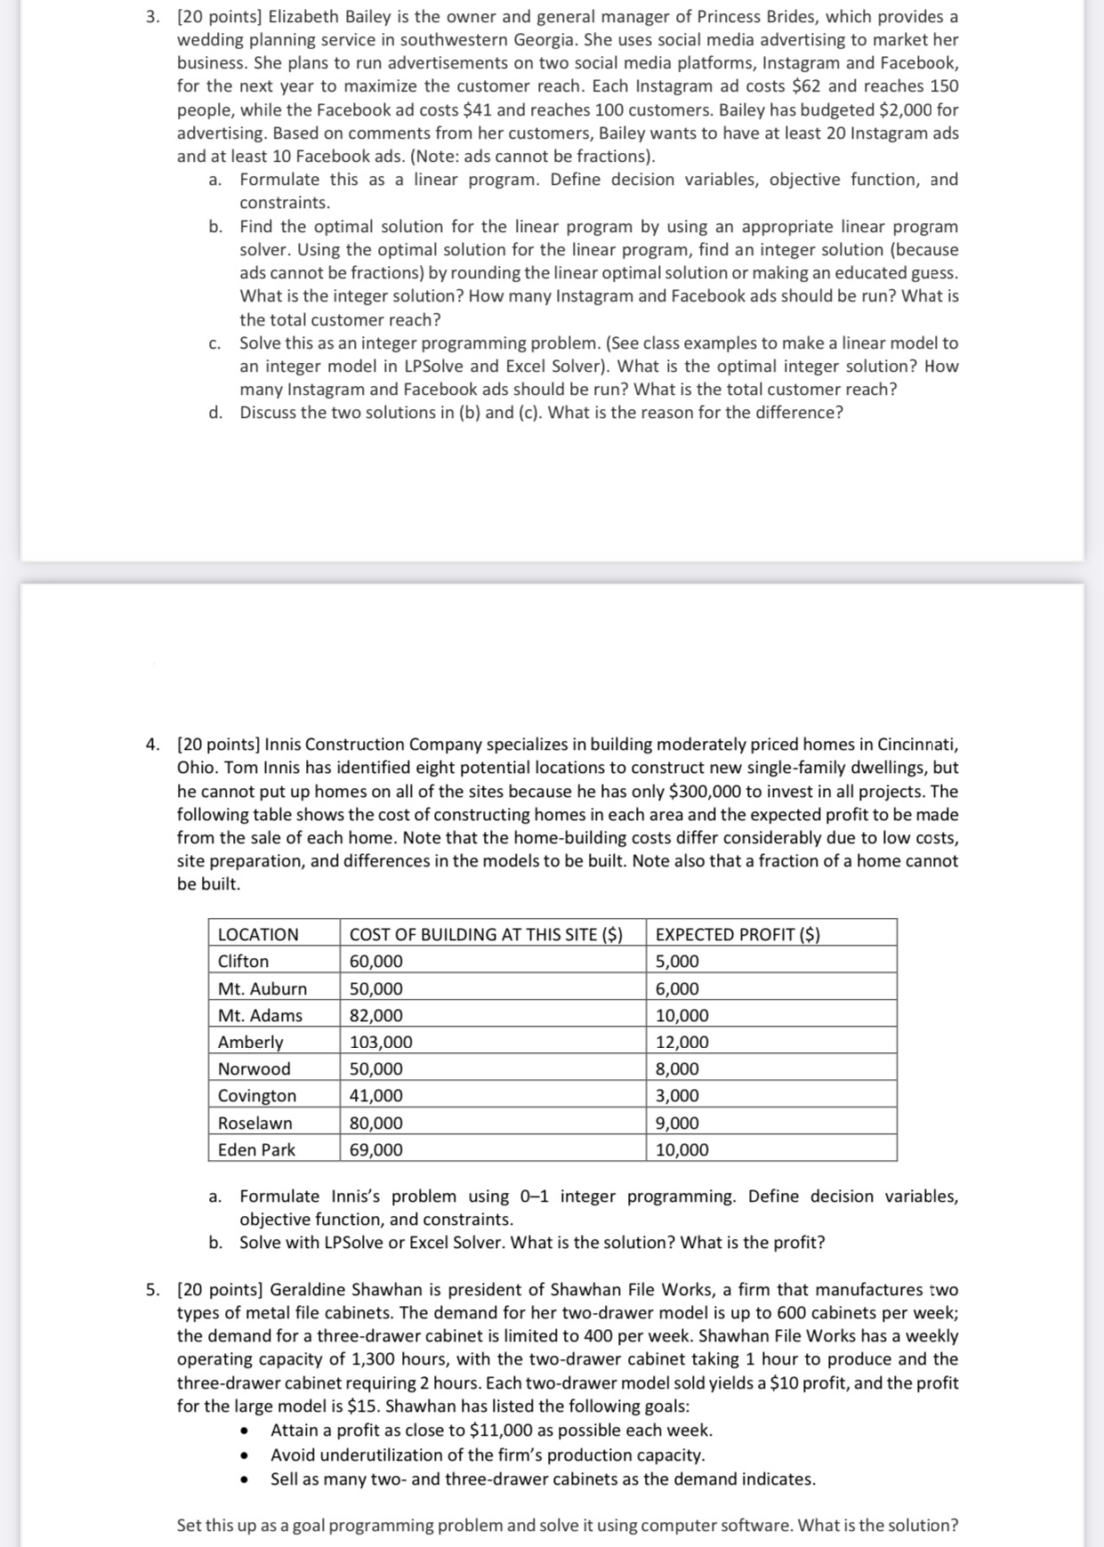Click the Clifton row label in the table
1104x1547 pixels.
243,961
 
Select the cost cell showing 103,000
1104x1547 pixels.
381,1042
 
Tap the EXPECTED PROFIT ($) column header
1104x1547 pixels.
737,934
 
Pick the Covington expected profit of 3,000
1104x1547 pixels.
677,1095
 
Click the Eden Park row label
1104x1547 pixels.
256,1149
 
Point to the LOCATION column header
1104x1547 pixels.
258,934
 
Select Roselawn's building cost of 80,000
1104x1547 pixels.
375,1123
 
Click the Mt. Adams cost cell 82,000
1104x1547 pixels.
375,1015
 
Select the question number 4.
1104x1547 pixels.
153,745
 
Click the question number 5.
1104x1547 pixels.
153,1289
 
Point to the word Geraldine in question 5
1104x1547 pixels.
307,1289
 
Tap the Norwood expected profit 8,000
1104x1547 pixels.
677,1068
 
